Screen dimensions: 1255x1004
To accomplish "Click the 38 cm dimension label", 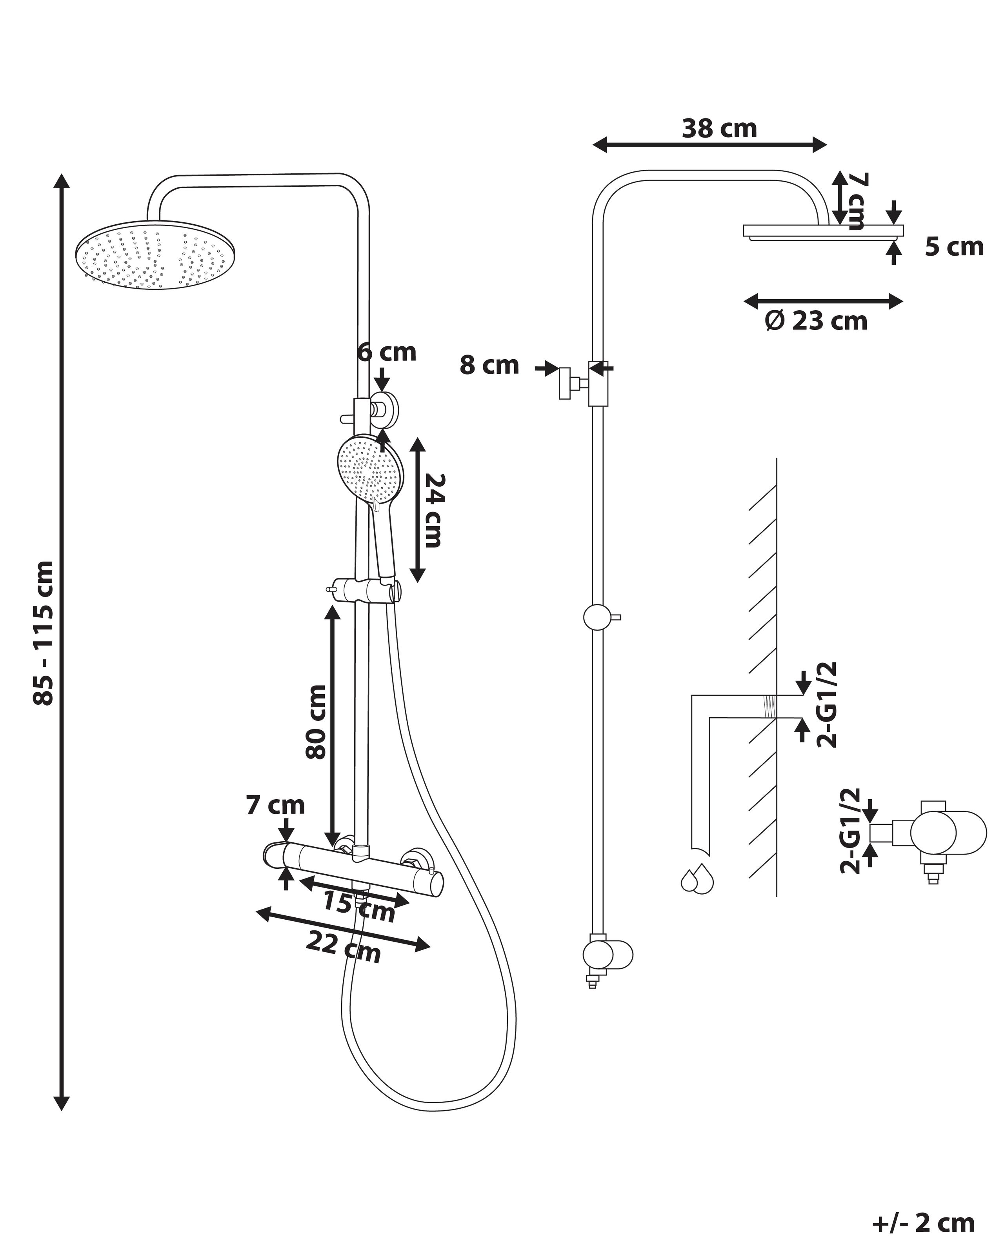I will tap(719, 129).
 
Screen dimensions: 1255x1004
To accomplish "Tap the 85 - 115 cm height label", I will tap(44, 633).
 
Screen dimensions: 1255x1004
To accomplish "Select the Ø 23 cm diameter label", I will tap(816, 321).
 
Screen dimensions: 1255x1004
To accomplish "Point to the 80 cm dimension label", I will tap(316, 722).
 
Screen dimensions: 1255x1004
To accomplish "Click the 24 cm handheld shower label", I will tap(434, 511).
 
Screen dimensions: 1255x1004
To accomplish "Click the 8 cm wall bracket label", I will tap(489, 366).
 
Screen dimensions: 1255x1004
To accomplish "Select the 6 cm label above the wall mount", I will tap(387, 352).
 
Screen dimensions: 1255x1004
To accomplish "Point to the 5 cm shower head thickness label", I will tap(954, 247).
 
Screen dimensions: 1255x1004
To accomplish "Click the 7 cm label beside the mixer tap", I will tap(275, 806).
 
